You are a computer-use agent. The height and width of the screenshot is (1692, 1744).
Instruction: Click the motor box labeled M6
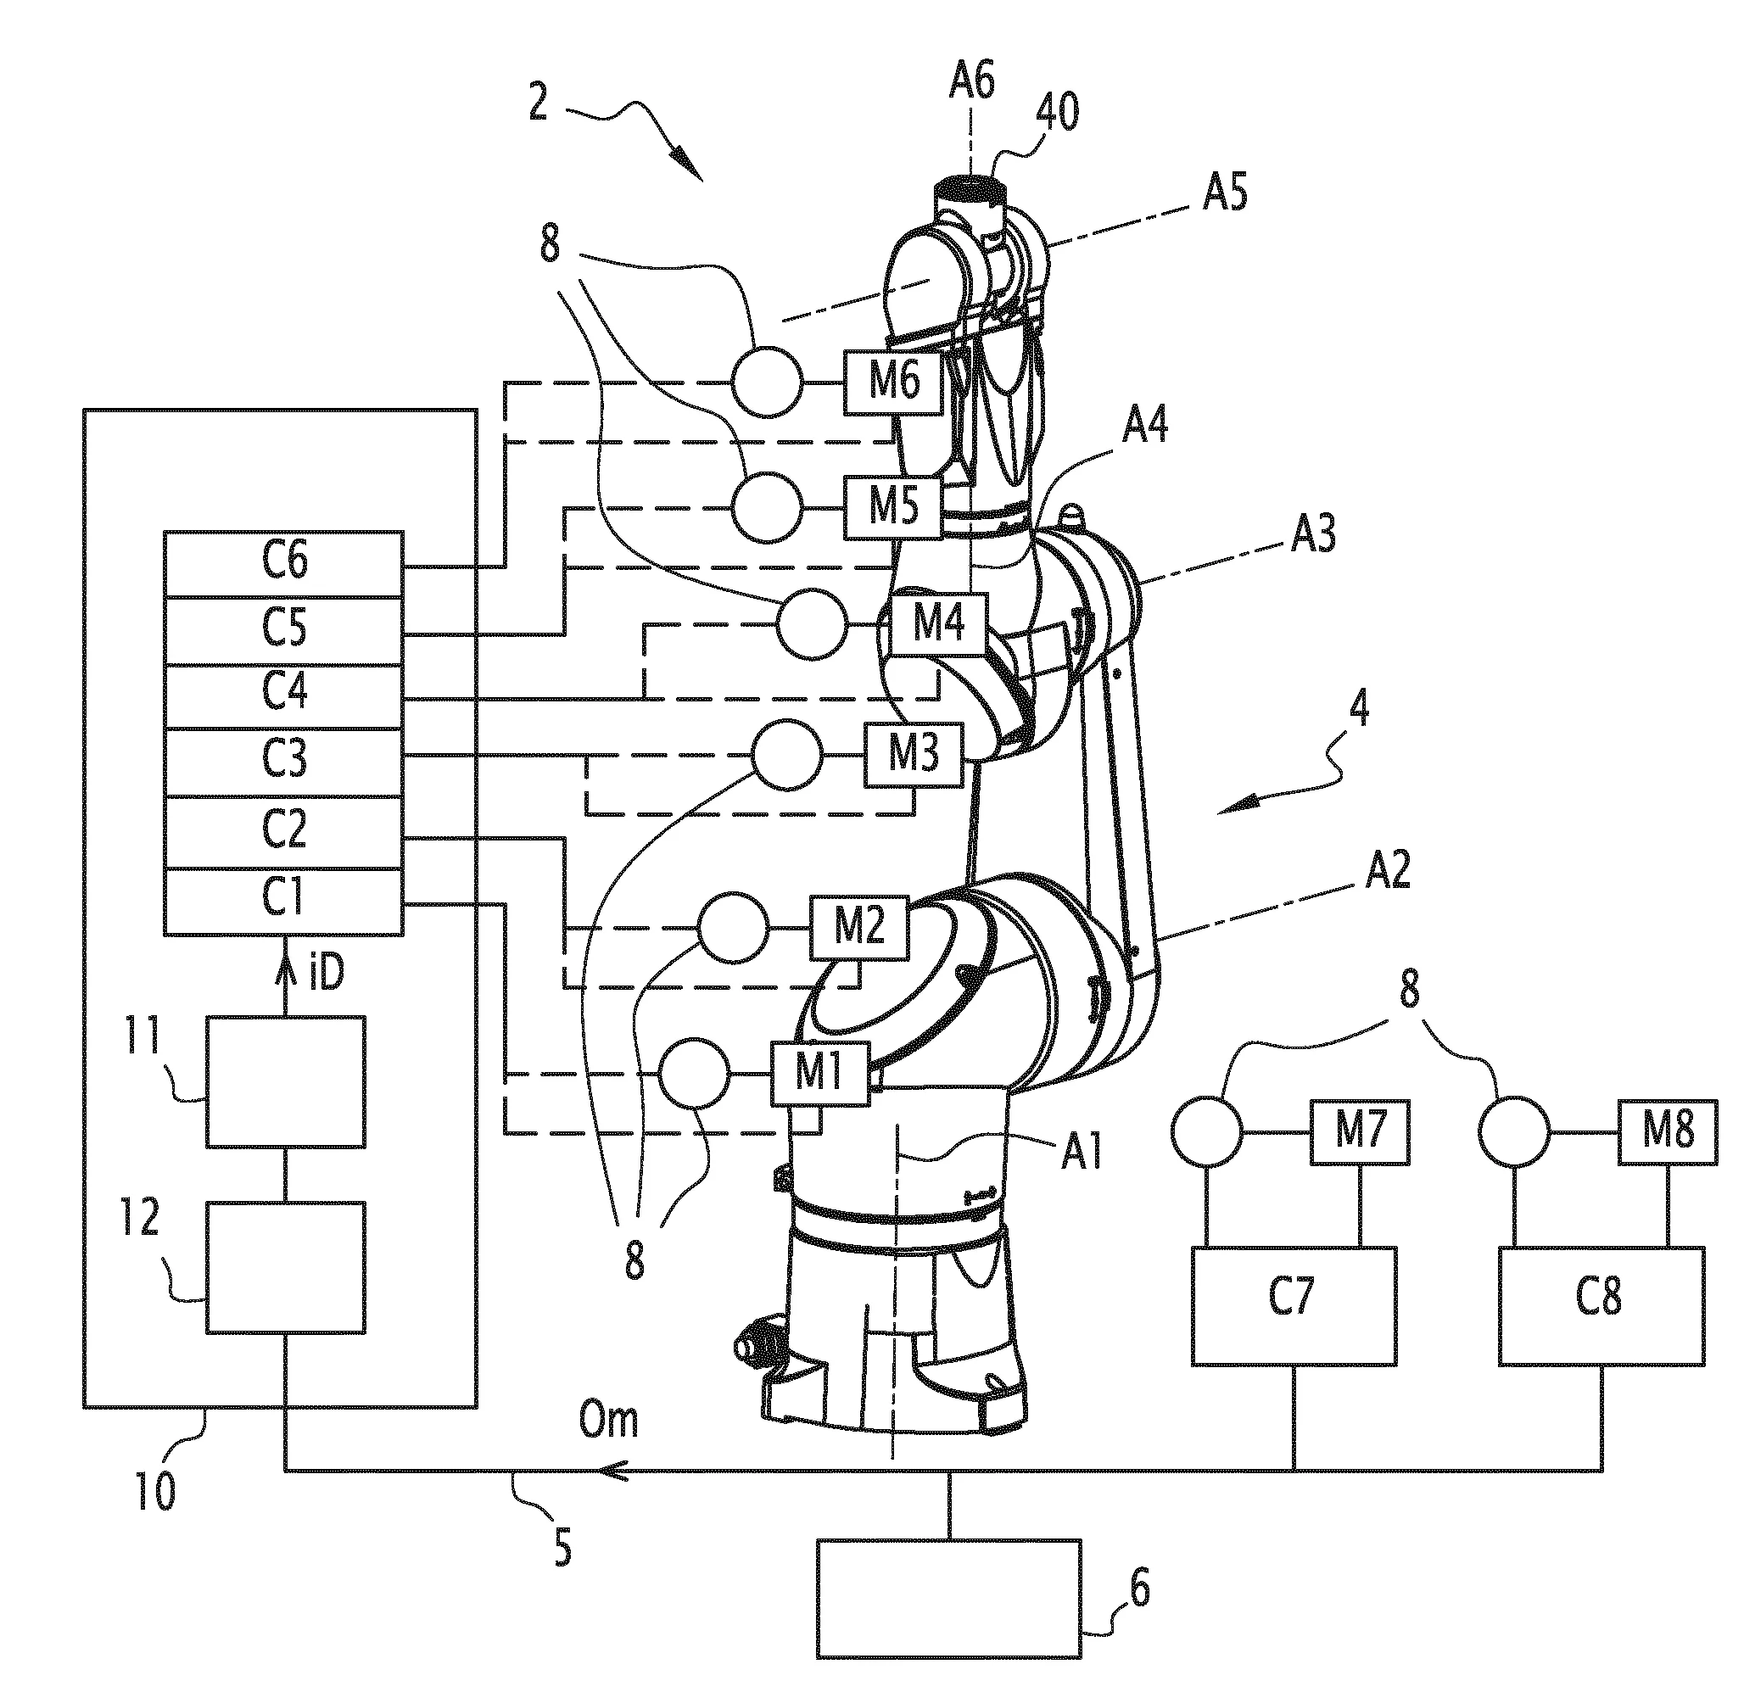pyautogui.click(x=893, y=383)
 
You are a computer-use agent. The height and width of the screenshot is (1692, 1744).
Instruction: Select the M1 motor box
pyautogui.click(x=819, y=1074)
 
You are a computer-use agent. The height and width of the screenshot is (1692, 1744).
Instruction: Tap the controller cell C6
pyautogui.click(x=284, y=564)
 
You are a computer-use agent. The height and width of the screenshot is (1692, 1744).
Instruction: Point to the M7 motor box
pyautogui.click(x=1359, y=1132)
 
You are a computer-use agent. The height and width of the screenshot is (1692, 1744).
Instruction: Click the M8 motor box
pyautogui.click(x=1667, y=1132)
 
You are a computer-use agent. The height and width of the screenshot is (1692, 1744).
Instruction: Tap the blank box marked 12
pyautogui.click(x=286, y=1268)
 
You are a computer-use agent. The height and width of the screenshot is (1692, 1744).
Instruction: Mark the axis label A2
pyautogui.click(x=1388, y=870)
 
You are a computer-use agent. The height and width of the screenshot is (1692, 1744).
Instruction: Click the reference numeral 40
pyautogui.click(x=1057, y=113)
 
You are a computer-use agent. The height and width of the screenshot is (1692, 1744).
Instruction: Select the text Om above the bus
pyautogui.click(x=609, y=1421)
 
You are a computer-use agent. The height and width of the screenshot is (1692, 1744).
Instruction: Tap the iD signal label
pyautogui.click(x=326, y=974)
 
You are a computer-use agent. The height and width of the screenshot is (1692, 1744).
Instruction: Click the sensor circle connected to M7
pyautogui.click(x=1207, y=1132)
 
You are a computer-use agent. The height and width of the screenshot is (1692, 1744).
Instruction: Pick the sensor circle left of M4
pyautogui.click(x=812, y=624)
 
